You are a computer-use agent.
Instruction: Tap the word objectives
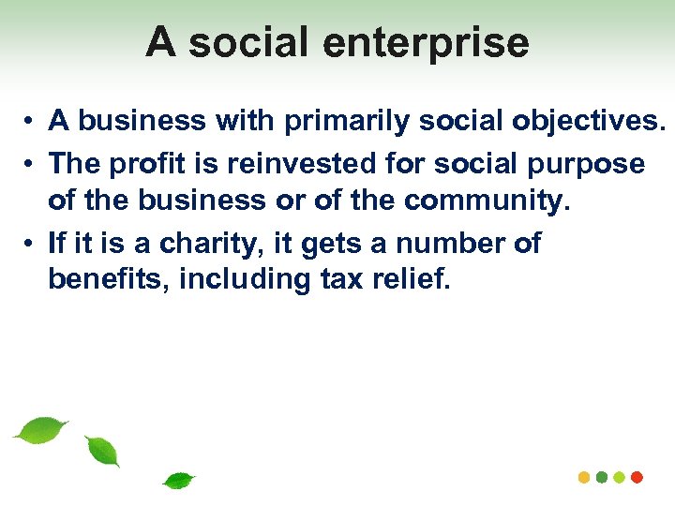pyautogui.click(x=576, y=121)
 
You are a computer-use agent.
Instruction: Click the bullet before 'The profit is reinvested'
pyautogui.click(x=31, y=165)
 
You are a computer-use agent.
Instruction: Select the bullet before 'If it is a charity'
pyautogui.click(x=31, y=246)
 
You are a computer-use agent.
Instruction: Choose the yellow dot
pyautogui.click(x=584, y=477)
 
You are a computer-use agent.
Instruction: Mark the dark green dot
pyautogui.click(x=602, y=477)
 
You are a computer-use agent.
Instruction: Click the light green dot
pyautogui.click(x=620, y=477)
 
